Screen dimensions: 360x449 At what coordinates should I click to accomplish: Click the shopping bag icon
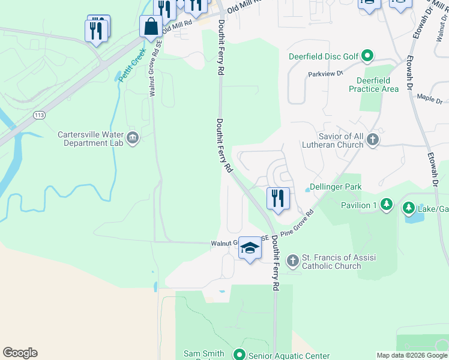pos(151,27)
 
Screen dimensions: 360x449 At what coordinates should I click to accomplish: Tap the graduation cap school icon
pos(250,248)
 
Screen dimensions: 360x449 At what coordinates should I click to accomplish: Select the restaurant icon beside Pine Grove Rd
pos(278,199)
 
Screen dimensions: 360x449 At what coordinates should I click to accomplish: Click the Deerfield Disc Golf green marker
pos(367,57)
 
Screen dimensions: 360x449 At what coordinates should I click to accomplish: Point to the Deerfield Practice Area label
pos(373,85)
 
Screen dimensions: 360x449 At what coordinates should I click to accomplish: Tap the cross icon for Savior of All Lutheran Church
pos(373,140)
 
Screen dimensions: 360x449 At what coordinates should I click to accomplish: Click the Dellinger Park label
pos(336,187)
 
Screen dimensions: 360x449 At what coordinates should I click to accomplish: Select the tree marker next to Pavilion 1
pos(387,205)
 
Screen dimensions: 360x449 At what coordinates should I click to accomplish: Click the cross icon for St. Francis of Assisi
pos(292,261)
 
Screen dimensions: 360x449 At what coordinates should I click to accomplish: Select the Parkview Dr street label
pos(325,74)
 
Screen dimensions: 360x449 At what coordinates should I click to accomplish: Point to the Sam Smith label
pos(204,354)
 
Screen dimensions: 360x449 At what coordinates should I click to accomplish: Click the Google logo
pos(20,353)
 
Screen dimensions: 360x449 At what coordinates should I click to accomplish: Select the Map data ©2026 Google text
pos(411,355)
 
